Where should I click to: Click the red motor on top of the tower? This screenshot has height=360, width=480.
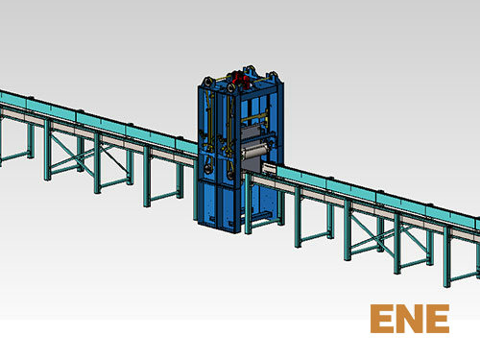pyautogui.click(x=240, y=80)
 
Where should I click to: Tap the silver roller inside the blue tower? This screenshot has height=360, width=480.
pyautogui.click(x=255, y=153)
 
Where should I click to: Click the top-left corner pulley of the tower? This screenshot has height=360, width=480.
pyautogui.click(x=206, y=82)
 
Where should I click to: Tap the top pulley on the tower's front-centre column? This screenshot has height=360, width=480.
pyautogui.click(x=231, y=88)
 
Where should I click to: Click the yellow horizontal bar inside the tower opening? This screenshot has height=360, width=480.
pyautogui.click(x=254, y=118)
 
